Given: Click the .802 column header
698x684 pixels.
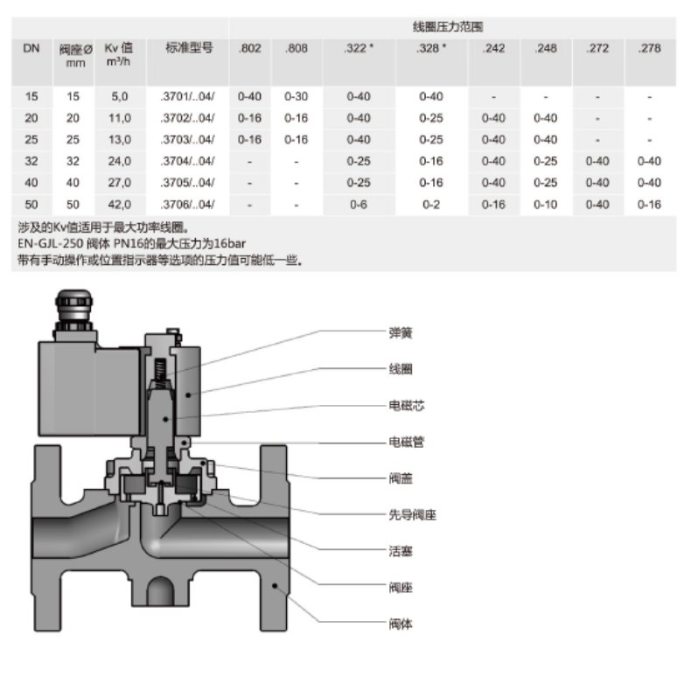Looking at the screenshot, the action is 250,48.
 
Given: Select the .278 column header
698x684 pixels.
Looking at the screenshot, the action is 650,48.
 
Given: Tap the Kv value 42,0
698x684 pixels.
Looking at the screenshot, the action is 119,205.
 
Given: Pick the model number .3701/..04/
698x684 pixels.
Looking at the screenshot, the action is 187,96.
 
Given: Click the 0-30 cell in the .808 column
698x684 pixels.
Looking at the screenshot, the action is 296,96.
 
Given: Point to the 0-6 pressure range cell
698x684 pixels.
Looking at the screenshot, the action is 359,205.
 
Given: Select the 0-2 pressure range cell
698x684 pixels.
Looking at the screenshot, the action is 431,205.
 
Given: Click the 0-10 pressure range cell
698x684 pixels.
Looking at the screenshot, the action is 545,205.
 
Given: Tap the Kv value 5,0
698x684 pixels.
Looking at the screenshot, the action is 119,96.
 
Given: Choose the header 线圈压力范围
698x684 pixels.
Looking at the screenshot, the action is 447,27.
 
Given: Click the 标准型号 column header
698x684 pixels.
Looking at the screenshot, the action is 189,47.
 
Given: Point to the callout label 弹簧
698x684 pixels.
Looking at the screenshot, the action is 401,332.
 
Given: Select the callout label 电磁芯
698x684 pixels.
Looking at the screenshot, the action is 407,406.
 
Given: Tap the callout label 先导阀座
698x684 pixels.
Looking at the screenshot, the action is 412,515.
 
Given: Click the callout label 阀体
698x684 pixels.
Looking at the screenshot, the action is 401,624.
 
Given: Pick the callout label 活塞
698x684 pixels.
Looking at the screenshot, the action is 401,551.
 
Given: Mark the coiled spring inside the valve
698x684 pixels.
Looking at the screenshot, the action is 160,373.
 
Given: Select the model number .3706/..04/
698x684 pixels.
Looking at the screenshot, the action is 187,205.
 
